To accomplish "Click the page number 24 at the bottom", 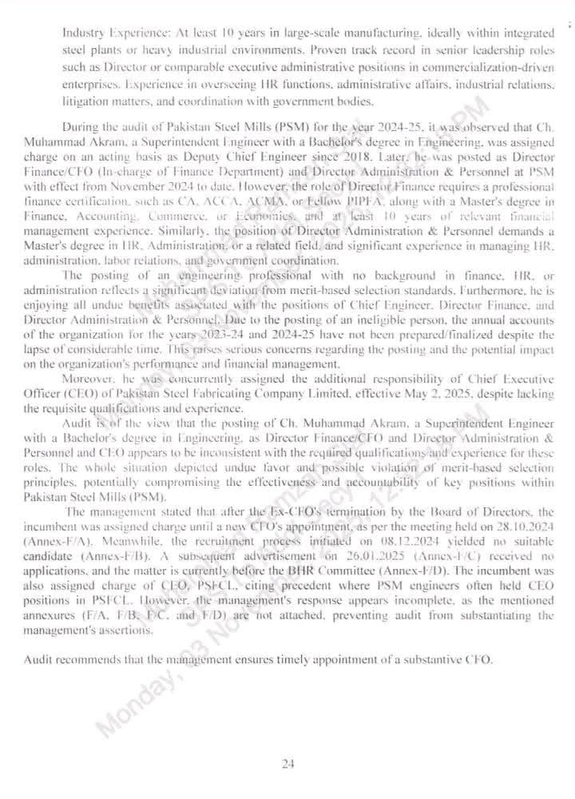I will tap(288, 764).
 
